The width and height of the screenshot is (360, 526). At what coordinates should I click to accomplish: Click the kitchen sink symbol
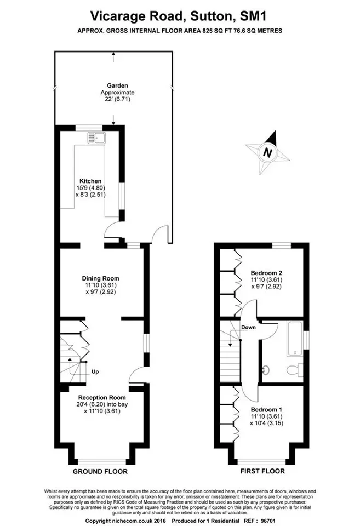pos(96,138)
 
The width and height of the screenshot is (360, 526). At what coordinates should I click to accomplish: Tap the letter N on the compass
pos(267,153)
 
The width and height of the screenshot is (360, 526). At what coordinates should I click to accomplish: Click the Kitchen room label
pos(90,181)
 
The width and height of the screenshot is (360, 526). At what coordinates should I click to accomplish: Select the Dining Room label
pos(101,278)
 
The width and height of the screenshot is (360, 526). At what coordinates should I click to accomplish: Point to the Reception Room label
pos(102,398)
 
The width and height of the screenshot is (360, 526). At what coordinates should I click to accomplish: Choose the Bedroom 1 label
pos(266,410)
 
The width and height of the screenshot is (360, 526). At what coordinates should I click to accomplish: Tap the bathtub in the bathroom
pos(295,339)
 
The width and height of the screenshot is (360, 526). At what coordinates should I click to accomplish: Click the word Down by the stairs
pos(248,328)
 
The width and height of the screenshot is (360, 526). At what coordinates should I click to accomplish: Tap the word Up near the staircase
pos(95,371)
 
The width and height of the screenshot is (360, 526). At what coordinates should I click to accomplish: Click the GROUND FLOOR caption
pos(100,471)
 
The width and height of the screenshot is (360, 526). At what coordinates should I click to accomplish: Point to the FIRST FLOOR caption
pos(262,471)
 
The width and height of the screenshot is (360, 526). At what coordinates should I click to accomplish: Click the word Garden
pos(117,85)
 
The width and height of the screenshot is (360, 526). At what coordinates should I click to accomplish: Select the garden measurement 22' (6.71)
pos(116,99)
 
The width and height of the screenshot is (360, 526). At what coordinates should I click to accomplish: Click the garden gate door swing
pos(160,233)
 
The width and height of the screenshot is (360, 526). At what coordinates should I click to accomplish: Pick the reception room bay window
pos(102,461)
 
